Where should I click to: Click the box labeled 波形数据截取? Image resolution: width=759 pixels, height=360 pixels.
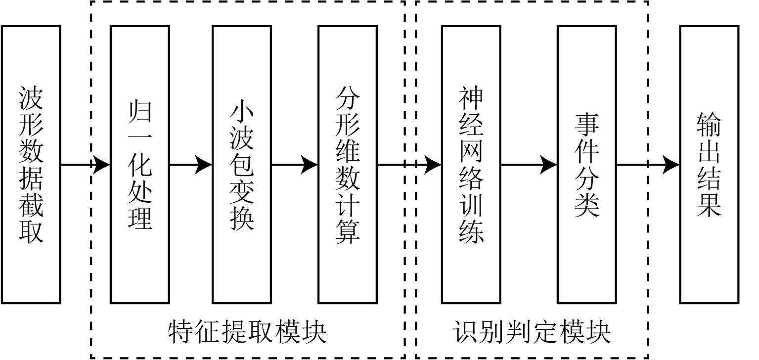coord(31,165)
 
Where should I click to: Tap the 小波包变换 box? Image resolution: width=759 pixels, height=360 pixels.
coord(242,165)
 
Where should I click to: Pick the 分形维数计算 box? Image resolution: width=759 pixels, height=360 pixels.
coord(348,165)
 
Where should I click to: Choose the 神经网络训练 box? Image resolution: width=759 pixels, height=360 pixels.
coord(471,165)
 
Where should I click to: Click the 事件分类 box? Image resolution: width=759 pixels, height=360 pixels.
coord(587,165)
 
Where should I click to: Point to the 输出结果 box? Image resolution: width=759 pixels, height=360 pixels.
coord(709,165)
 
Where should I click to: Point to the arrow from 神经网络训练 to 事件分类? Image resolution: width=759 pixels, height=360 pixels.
coord(529,165)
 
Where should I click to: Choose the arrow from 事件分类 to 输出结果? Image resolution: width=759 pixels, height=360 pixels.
coord(648,165)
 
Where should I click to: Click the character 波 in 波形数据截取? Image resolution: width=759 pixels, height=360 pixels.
coord(31,99)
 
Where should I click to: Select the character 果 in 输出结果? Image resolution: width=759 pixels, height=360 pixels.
coord(709,204)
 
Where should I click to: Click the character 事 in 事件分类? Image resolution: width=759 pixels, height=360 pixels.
coord(587,127)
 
